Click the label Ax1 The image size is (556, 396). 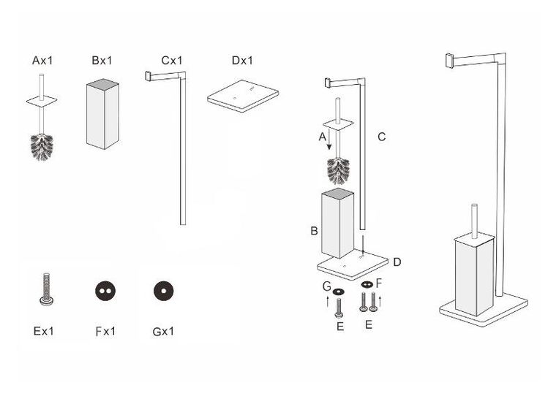pyautogui.click(x=42, y=61)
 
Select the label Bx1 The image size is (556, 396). pyautogui.click(x=101, y=61)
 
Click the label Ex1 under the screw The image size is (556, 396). pyautogui.click(x=43, y=331)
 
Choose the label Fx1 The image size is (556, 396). pyautogui.click(x=105, y=331)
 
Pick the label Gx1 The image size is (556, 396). pyautogui.click(x=163, y=331)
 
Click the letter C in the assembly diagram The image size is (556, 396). pyautogui.click(x=381, y=136)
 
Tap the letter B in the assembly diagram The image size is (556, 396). pyautogui.click(x=313, y=232)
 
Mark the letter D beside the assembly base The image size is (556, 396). pyautogui.click(x=396, y=262)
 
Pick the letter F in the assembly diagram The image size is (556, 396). pyautogui.click(x=378, y=280)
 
